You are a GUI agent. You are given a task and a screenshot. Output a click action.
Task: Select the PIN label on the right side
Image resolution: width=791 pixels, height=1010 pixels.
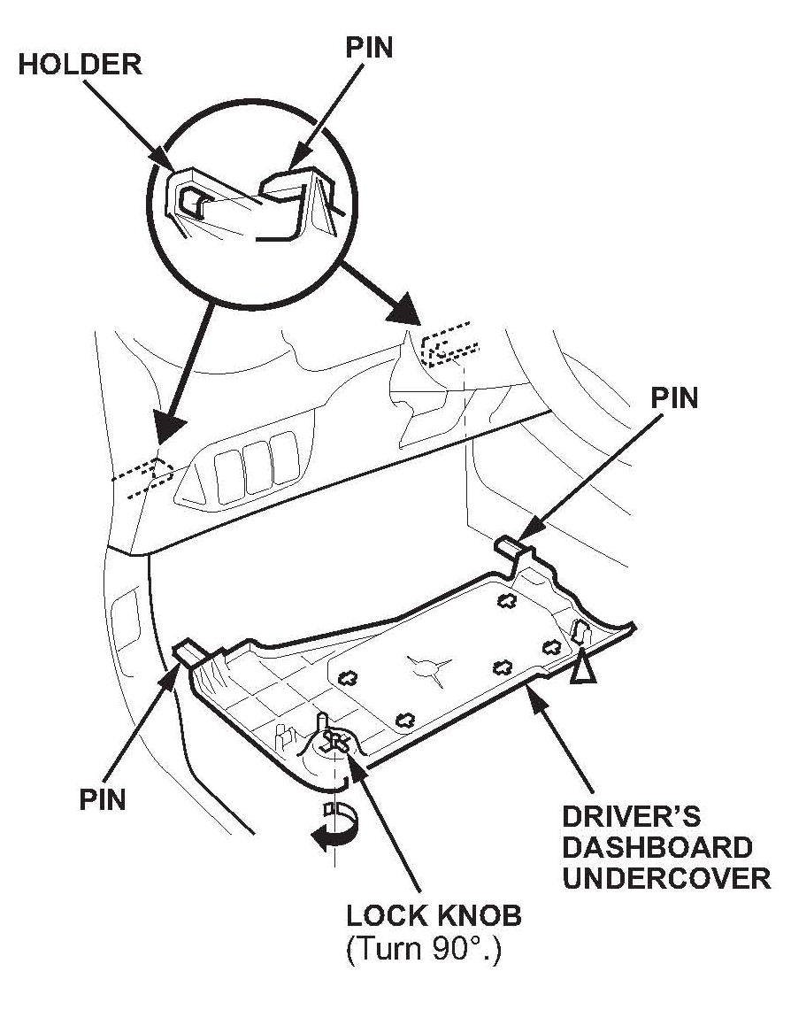click(x=674, y=399)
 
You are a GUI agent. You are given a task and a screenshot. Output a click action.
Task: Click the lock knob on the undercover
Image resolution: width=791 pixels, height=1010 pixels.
click(x=333, y=741)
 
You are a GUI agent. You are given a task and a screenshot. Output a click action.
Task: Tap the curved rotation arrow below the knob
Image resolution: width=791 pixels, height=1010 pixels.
click(x=334, y=832)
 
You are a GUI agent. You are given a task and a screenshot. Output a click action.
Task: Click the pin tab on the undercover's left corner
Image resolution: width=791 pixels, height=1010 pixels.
click(x=191, y=653)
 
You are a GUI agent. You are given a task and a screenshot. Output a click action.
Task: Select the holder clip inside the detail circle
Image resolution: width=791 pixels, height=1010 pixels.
click(x=195, y=202)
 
